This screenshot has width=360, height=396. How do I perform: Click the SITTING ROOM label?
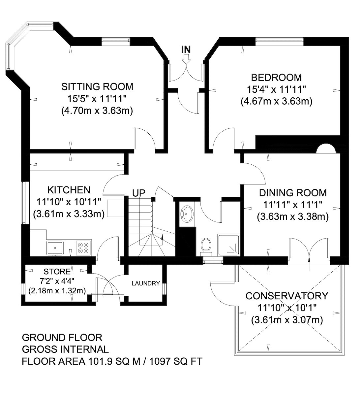97,87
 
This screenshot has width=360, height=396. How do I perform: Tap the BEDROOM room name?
276,78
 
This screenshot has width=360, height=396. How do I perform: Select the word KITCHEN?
69,190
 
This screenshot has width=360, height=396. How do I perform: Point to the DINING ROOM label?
293,193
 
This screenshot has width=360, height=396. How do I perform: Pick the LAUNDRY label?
146,283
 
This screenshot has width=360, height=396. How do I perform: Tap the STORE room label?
57,272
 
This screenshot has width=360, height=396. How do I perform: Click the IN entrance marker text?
186,49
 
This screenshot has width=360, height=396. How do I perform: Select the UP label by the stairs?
139,193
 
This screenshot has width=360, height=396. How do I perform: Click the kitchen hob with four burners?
84,248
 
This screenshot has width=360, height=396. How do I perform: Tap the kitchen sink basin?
55,248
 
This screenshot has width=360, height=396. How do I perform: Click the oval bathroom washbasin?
186,214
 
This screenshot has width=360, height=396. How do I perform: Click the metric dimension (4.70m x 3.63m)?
97,111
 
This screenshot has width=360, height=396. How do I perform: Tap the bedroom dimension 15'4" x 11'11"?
276,90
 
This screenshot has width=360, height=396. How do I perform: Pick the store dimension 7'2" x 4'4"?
57,281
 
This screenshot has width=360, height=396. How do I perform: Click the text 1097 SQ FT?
176,361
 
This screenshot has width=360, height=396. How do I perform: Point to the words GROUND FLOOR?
62,338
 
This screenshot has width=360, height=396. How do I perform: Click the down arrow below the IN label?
186,59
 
